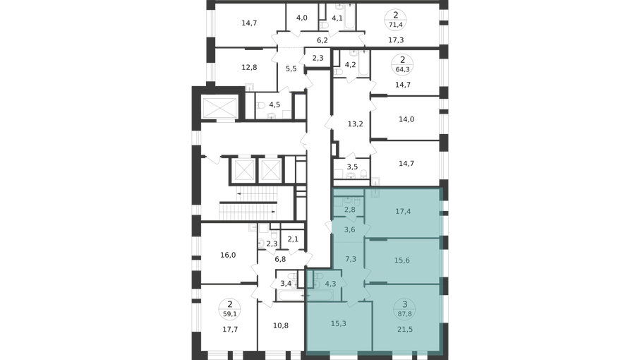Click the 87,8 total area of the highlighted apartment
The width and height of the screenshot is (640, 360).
pos(404,314)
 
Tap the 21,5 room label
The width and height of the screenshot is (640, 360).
pos(404,329)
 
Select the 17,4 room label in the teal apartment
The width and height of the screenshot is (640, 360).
pos(403,212)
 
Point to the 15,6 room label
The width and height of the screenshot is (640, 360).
pos(402,260)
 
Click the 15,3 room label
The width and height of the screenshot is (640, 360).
pos(339,324)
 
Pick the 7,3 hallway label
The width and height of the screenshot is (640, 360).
pos(351,259)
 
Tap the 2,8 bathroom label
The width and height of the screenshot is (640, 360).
pos(350,210)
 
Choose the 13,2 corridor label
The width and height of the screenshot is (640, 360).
pos(355,124)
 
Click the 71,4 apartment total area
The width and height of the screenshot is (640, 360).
pos(396,25)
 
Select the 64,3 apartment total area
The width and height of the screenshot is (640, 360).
pos(402,69)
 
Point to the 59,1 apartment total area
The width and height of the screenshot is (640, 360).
pos(230,314)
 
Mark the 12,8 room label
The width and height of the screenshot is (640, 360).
pos(249,67)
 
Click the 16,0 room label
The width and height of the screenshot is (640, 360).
pos(228,255)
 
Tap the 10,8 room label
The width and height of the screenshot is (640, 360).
pos(281,325)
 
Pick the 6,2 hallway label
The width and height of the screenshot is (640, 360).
pos(322,40)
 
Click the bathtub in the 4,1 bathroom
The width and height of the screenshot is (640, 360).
pos(350,17)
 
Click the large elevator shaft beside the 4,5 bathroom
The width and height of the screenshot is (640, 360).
pos(220,107)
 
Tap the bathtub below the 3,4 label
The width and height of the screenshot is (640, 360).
pos(291,294)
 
